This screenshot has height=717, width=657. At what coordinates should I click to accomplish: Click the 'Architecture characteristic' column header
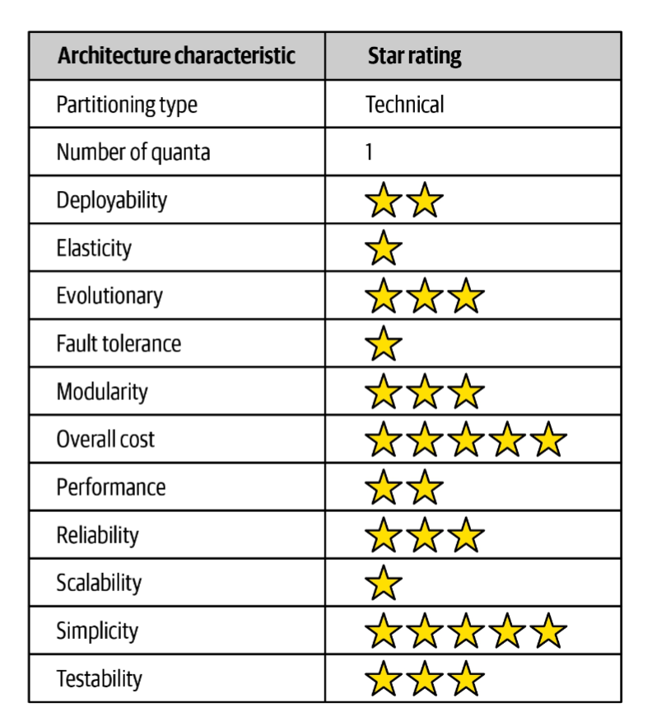tap(175, 56)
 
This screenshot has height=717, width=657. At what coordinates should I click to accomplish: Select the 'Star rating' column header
tap(414, 56)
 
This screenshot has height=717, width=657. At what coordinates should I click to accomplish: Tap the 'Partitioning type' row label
tap(127, 105)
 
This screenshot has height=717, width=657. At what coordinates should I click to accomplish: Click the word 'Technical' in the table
tap(405, 105)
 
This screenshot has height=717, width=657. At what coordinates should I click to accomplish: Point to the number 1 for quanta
tap(370, 152)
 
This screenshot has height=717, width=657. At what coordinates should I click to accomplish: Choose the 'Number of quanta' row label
tap(133, 152)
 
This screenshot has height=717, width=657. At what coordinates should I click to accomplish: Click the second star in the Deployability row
tap(425, 201)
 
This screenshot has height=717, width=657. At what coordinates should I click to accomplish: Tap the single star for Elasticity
tap(384, 249)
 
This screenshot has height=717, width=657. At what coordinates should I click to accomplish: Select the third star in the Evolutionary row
tap(466, 296)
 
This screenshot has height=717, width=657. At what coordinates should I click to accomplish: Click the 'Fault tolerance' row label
tap(119, 343)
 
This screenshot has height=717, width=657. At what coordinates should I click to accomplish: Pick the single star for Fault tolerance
tap(384, 344)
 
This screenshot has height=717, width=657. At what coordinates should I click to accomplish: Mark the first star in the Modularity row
tap(384, 392)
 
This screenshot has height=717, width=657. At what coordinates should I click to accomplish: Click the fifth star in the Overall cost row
tap(548, 440)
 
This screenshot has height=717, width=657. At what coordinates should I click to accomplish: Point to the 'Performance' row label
tap(110, 487)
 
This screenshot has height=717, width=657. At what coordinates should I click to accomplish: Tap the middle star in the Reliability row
tap(425, 536)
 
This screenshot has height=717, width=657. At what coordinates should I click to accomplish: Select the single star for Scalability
tap(384, 584)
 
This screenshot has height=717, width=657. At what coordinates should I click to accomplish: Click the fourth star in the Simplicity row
tap(507, 631)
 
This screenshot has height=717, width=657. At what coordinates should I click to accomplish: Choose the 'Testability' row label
tap(99, 679)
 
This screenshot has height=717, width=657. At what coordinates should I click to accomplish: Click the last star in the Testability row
tap(466, 679)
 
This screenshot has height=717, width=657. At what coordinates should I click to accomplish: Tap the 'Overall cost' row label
tap(105, 439)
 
